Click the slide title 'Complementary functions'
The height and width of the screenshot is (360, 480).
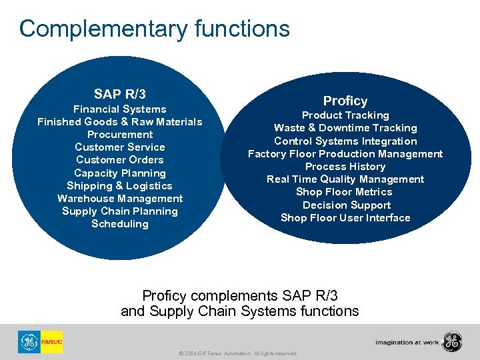(155, 29)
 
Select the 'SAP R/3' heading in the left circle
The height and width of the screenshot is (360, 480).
(120, 95)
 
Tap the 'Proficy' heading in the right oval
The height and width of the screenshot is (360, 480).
(345, 101)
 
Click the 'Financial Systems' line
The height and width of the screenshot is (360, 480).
(120, 109)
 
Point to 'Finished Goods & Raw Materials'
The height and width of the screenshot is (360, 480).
(120, 121)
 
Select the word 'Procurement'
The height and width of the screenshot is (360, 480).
(120, 134)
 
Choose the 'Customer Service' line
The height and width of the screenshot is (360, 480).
(120, 147)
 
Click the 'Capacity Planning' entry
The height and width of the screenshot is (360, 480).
(120, 173)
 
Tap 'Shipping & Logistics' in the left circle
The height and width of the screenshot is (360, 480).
(120, 185)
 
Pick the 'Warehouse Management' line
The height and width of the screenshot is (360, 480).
(120, 198)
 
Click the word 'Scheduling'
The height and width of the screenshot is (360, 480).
(120, 223)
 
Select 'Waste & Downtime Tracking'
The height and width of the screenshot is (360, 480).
(345, 127)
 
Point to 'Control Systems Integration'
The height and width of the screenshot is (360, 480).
(345, 141)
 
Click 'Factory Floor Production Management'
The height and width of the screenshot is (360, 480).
(345, 153)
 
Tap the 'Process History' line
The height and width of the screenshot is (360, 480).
(345, 166)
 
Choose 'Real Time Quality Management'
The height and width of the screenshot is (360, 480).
(345, 179)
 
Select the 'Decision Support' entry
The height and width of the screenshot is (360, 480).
(345, 205)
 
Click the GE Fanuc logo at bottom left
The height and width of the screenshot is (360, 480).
(40, 342)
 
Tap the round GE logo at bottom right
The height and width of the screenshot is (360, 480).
(451, 341)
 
